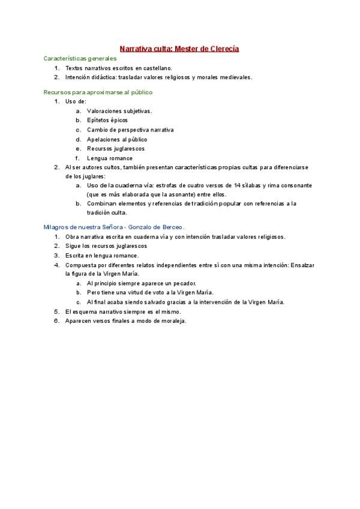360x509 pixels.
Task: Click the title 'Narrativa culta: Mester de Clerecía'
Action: click(179, 48)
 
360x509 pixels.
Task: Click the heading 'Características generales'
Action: click(80, 59)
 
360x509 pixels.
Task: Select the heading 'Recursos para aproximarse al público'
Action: click(98, 92)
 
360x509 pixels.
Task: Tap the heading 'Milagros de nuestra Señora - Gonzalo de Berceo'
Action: click(114, 227)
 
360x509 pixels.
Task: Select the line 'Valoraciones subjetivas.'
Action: click(119, 111)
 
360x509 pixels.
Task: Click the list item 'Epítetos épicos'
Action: click(107, 120)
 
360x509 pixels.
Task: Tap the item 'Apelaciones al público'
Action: click(117, 139)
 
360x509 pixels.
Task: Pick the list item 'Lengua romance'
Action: click(110, 158)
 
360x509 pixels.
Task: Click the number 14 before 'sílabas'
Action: click(238, 185)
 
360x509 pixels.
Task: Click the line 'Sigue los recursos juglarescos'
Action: click(106, 246)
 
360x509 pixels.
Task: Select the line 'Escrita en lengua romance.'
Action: click(101, 255)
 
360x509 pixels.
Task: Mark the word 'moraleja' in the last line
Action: click(173, 321)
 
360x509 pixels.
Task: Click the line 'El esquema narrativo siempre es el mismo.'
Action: click(123, 312)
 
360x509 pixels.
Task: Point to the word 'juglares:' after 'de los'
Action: click(92, 176)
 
